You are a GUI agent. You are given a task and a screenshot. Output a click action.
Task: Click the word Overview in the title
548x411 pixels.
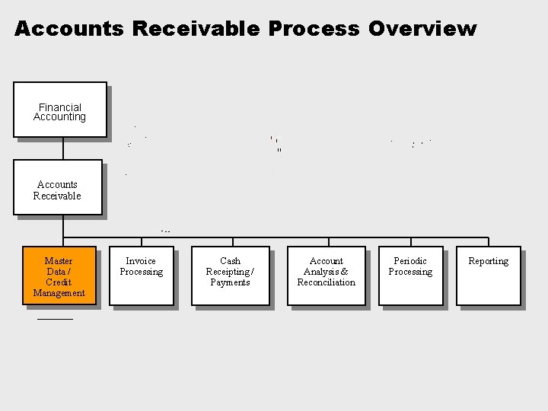click(x=422, y=30)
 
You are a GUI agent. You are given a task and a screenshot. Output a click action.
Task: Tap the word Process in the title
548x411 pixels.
click(x=313, y=30)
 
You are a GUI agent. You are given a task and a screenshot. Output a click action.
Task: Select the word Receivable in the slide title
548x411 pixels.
click(x=196, y=30)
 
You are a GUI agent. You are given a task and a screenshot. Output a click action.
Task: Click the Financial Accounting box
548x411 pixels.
click(x=60, y=110)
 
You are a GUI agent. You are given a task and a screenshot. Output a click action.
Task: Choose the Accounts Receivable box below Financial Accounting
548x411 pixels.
click(x=57, y=187)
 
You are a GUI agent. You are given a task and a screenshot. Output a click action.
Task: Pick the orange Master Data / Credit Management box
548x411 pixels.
click(x=59, y=276)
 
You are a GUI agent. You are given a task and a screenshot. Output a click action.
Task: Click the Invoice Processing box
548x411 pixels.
click(x=141, y=275)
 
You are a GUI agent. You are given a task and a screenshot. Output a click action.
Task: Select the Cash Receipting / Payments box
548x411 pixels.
click(x=230, y=275)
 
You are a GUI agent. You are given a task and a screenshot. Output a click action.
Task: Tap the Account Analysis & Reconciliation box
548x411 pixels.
click(x=326, y=275)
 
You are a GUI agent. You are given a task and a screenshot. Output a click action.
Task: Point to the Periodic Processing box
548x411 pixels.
click(x=410, y=275)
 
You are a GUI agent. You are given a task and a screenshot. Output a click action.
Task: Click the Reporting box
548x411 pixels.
click(x=488, y=275)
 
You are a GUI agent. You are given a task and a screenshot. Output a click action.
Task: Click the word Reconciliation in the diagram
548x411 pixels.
click(x=326, y=282)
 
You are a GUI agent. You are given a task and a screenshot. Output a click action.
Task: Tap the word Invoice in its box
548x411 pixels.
click(x=141, y=261)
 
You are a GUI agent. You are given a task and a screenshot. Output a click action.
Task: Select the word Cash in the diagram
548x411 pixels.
click(x=230, y=261)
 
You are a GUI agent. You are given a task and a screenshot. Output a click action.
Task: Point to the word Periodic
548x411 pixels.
click(x=410, y=261)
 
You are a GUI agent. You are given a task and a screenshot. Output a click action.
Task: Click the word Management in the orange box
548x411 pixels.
click(x=59, y=293)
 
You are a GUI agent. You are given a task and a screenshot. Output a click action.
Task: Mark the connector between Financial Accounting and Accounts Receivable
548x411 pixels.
click(x=63, y=148)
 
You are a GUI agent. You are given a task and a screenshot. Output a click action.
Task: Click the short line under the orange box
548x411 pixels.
click(x=55, y=319)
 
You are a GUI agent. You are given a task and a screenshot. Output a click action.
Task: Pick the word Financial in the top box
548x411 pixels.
click(x=60, y=107)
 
